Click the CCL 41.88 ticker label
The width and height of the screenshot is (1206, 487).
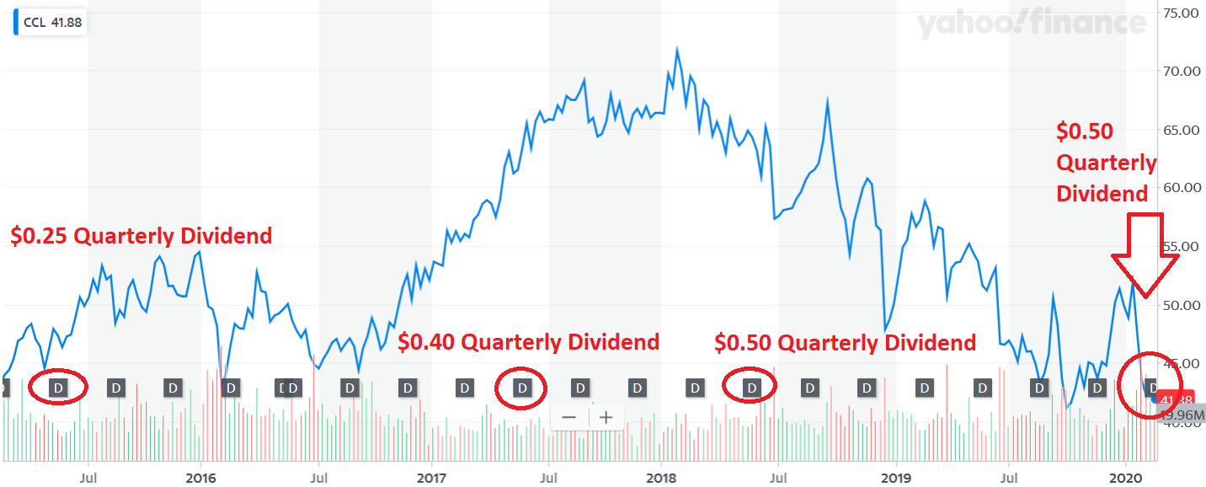[x=52, y=23]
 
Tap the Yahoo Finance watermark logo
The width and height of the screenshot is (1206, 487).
[x=1031, y=25]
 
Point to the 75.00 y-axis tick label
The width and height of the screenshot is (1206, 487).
[x=1179, y=13]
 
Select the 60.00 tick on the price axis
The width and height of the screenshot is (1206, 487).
[x=1179, y=188]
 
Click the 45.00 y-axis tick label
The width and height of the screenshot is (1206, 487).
[x=1179, y=363]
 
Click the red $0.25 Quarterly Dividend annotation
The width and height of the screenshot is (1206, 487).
[x=141, y=236]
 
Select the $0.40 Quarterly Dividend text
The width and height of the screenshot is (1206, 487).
[x=528, y=342]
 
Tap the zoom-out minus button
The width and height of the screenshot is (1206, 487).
[x=568, y=417]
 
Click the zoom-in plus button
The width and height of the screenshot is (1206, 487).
[x=606, y=417]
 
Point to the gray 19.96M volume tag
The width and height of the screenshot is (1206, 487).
[x=1180, y=415]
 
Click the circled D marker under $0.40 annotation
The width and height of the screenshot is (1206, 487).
[x=522, y=388]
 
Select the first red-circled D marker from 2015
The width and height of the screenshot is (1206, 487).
[x=58, y=388]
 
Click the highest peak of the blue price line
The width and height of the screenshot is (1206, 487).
[x=677, y=49]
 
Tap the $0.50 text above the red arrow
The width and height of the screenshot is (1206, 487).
[x=1085, y=131]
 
